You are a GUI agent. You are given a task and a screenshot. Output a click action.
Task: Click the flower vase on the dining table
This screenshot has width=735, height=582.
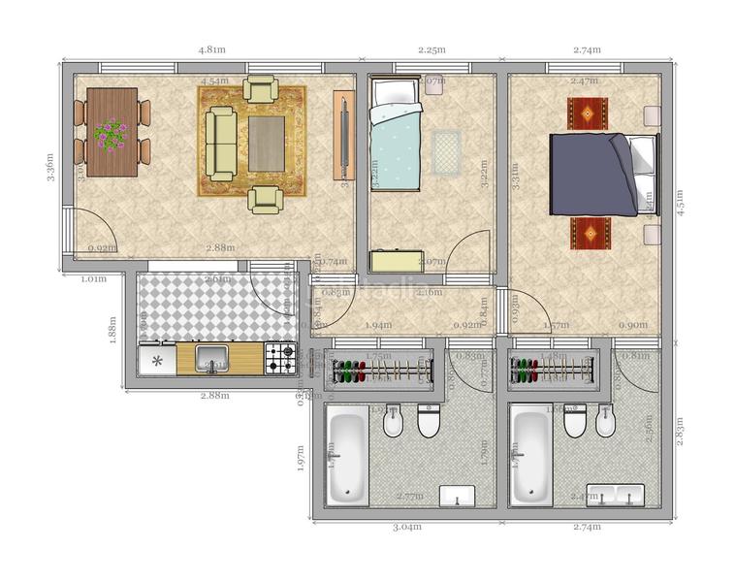coord(111,134)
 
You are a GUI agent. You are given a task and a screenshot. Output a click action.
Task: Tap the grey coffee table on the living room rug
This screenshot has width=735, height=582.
coord(266,143)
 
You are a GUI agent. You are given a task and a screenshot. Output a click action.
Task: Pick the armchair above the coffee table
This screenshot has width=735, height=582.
coord(261,89)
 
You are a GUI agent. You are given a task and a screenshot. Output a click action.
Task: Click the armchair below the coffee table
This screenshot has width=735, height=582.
coord(265,199)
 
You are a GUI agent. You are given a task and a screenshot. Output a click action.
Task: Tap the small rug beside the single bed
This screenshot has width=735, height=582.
coord(445,151)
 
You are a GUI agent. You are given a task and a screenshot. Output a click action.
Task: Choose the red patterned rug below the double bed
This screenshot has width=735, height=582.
coord(590,233)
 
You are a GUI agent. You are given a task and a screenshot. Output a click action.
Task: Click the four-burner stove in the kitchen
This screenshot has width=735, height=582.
coord(280,360)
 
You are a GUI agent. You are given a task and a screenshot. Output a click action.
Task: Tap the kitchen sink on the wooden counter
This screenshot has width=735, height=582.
coord(212,360)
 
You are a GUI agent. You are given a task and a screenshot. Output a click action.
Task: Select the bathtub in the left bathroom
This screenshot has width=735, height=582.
coord(346,455)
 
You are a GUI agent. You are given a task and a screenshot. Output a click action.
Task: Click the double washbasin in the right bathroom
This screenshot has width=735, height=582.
coord(618,496)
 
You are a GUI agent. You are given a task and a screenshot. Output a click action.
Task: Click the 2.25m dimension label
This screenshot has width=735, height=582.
coord(431,49)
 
